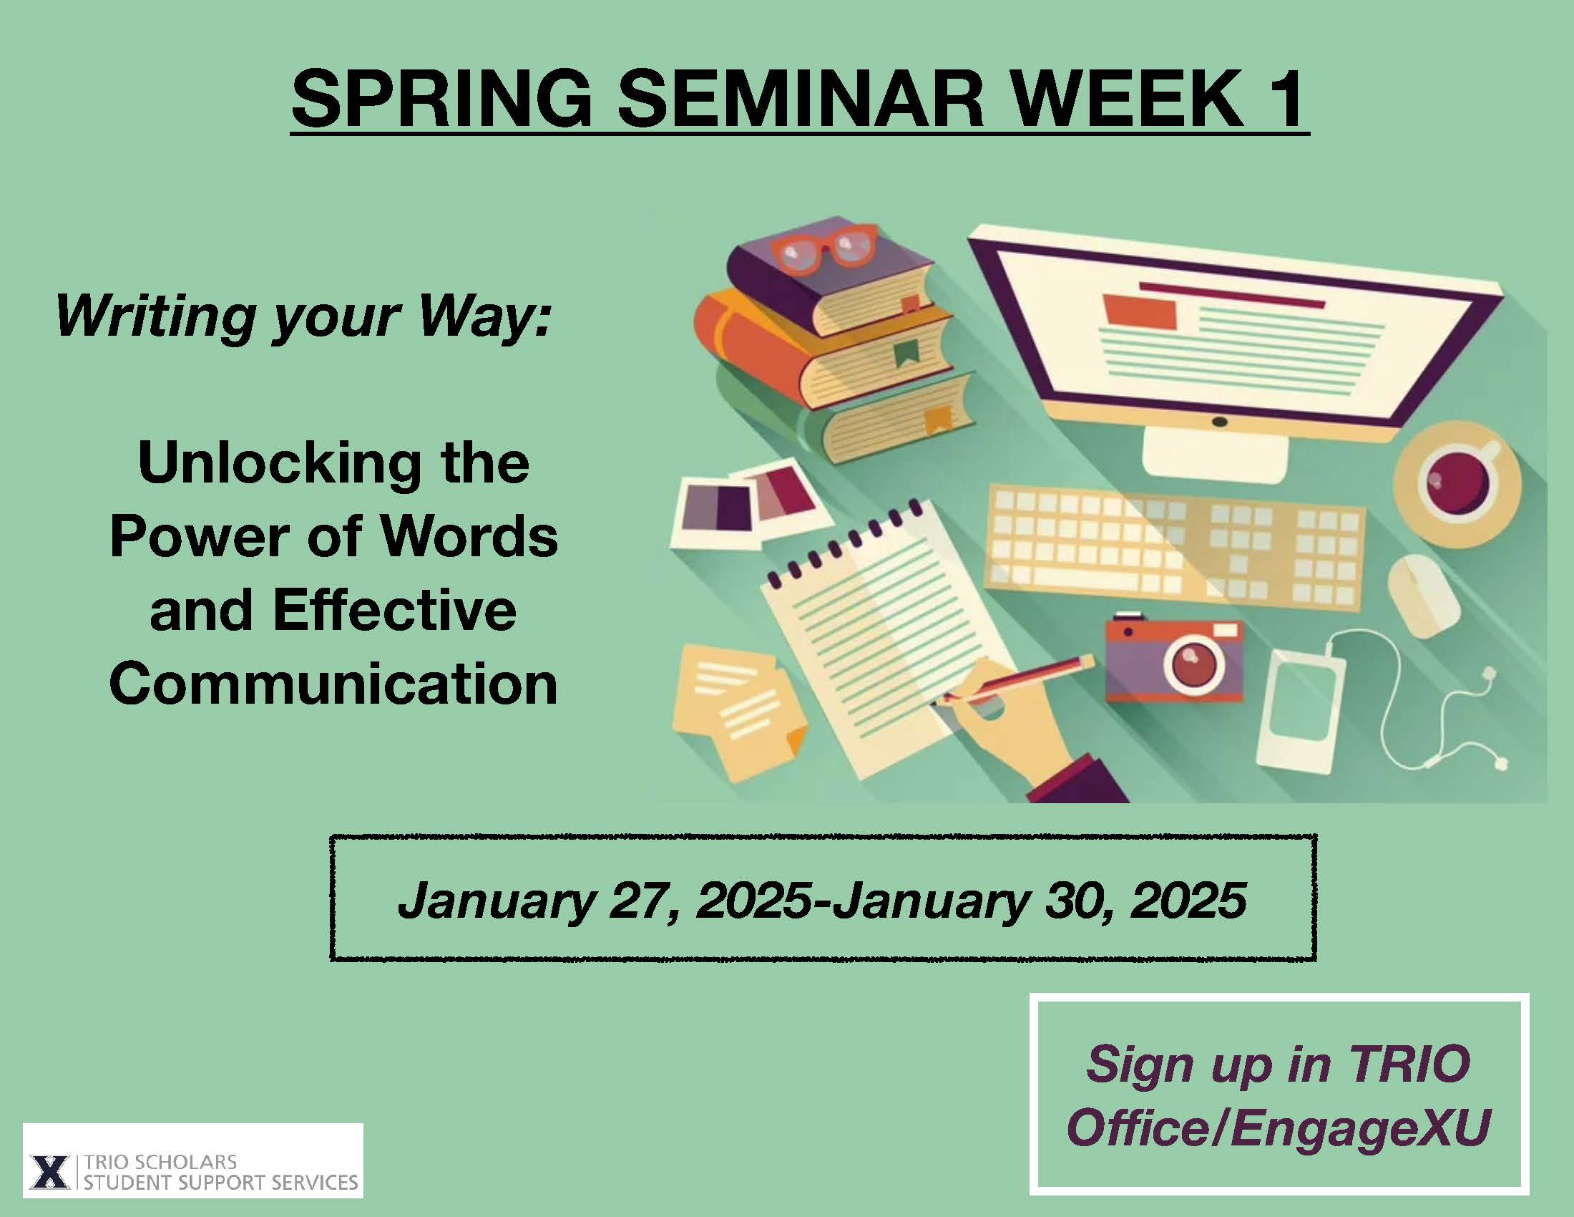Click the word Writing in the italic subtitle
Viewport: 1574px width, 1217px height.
click(x=156, y=317)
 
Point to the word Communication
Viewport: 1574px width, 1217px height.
click(x=333, y=683)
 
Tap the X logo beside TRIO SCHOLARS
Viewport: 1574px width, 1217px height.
click(x=49, y=1172)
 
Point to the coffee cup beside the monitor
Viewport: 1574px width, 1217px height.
click(x=1457, y=481)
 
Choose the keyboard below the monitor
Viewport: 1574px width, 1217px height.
click(x=1175, y=548)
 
